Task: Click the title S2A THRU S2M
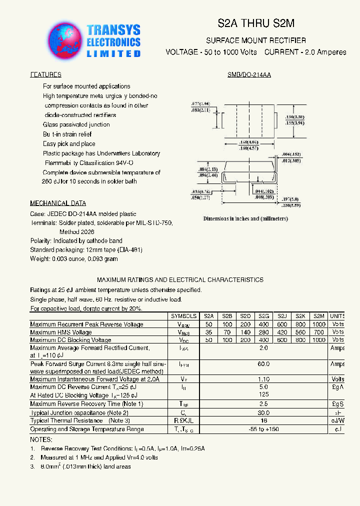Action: [x=256, y=23]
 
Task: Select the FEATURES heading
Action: [x=45, y=74]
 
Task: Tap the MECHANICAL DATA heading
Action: [x=58, y=203]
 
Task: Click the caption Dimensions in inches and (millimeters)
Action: [x=245, y=218]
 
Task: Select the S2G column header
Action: [x=263, y=316]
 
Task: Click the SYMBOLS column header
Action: [x=183, y=316]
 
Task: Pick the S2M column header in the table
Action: [x=318, y=316]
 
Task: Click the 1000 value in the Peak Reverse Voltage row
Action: [x=318, y=324]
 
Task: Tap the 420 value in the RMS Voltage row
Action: [x=282, y=332]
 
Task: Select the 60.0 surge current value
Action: [x=263, y=364]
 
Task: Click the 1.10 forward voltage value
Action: [x=263, y=379]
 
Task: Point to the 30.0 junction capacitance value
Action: [x=263, y=413]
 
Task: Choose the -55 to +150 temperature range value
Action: [x=263, y=429]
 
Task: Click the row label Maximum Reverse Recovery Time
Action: [x=86, y=403]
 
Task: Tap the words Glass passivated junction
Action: [x=76, y=124]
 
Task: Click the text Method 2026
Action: [x=76, y=232]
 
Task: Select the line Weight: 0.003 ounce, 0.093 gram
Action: [x=74, y=258]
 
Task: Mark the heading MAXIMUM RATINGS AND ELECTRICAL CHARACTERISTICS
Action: [x=180, y=280]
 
